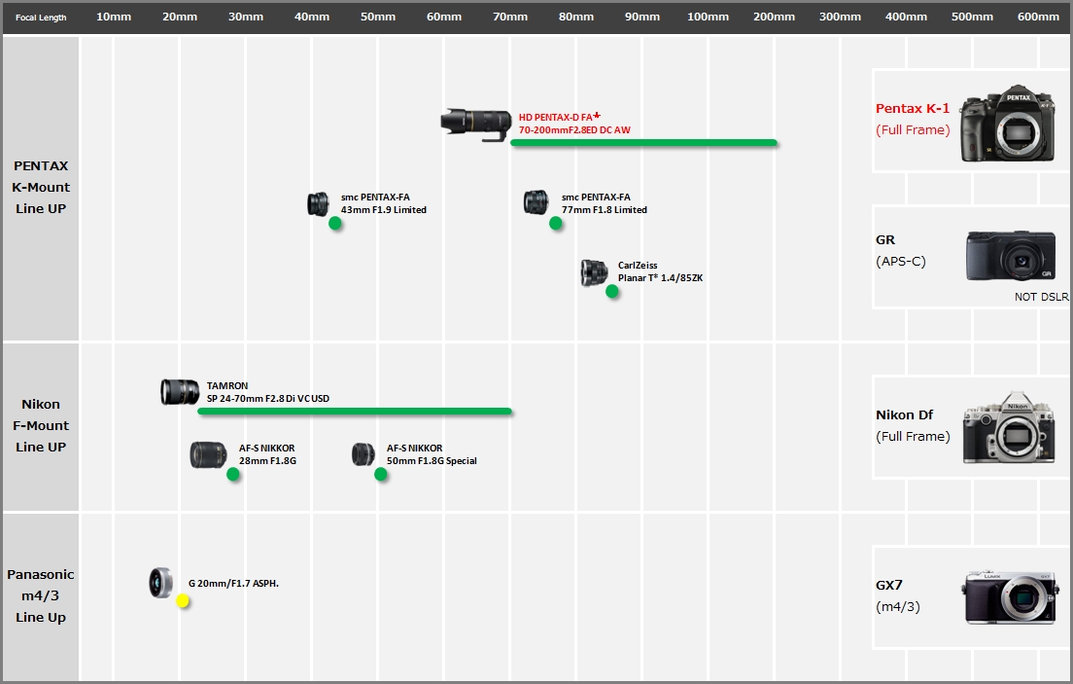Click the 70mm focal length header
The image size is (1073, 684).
pos(510,17)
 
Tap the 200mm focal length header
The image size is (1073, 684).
pos(774,17)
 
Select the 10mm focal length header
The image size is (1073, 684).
pos(114,17)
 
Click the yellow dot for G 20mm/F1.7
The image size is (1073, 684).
pos(183,601)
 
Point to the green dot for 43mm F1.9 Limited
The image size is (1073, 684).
pos(334,223)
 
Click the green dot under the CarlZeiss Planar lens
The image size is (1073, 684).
pos(611,291)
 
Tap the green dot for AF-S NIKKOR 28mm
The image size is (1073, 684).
pos(232,474)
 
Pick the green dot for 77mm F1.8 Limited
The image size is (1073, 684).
pos(556,223)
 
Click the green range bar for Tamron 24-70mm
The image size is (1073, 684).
pos(355,412)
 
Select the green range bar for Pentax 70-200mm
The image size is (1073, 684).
pos(644,143)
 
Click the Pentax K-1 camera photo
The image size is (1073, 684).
pos(1006,124)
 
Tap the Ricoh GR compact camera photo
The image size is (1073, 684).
pos(1011,256)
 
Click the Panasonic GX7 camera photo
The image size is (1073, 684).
pos(1010,597)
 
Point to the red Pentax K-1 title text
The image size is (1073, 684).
pos(913,108)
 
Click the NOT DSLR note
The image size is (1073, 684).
pos(1042,297)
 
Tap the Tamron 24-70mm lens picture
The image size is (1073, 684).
pos(180,392)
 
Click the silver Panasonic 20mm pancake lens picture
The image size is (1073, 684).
pos(161,583)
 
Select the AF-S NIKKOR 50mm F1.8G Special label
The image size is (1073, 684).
pos(432,454)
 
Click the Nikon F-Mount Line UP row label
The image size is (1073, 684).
pos(41,425)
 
